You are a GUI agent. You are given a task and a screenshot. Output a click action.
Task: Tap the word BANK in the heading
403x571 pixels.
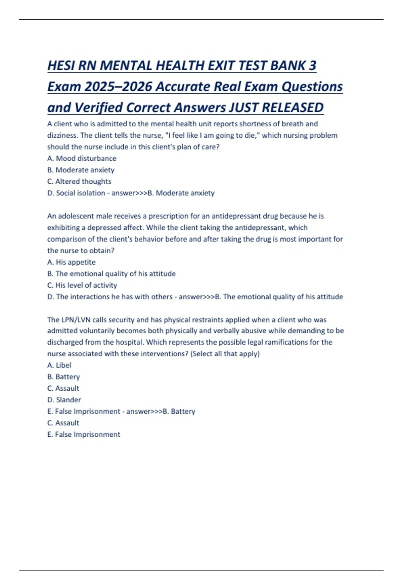click(288, 65)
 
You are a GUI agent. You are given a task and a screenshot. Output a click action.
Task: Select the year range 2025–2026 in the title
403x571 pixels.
click(118, 87)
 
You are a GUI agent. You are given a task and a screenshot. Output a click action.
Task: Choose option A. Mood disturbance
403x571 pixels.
click(82, 158)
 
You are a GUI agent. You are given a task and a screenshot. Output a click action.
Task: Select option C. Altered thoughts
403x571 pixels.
click(79, 181)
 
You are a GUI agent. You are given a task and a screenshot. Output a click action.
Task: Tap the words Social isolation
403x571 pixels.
click(81, 193)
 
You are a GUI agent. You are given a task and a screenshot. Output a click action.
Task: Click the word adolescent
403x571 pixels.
click(76, 216)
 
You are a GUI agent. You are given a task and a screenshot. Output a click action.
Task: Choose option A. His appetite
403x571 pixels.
click(71, 262)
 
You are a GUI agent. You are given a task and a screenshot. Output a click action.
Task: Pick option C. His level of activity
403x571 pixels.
click(82, 285)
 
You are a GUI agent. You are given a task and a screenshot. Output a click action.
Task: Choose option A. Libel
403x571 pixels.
click(59, 365)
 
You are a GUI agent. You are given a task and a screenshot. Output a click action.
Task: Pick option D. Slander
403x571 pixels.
click(64, 400)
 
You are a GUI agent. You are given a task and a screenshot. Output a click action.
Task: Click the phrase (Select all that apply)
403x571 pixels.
click(225, 354)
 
